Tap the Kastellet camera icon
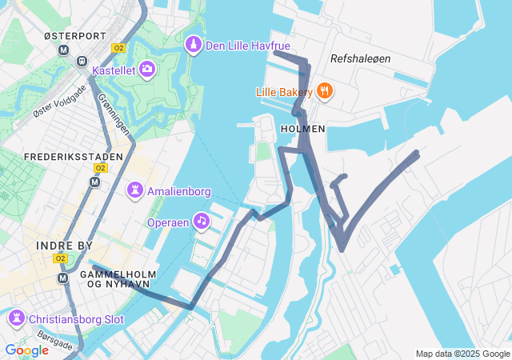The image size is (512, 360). tap(147, 70)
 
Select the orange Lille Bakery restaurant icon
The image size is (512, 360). tap(323, 90)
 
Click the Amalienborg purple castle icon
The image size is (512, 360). tap(135, 190)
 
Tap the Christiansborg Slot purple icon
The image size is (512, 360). tap(16, 318)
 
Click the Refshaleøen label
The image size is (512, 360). tap(359, 58)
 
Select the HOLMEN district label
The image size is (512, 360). tap(303, 128)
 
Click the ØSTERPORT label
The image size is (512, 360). tap(74, 37)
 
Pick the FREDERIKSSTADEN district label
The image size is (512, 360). tap(74, 156)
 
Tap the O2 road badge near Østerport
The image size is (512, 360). tap(120, 48)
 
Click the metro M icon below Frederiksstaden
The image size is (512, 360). tap(95, 182)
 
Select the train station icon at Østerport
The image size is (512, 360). tap(82, 61)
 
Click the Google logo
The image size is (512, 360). tap(26, 350)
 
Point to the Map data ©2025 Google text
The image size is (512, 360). tap(462, 354)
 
